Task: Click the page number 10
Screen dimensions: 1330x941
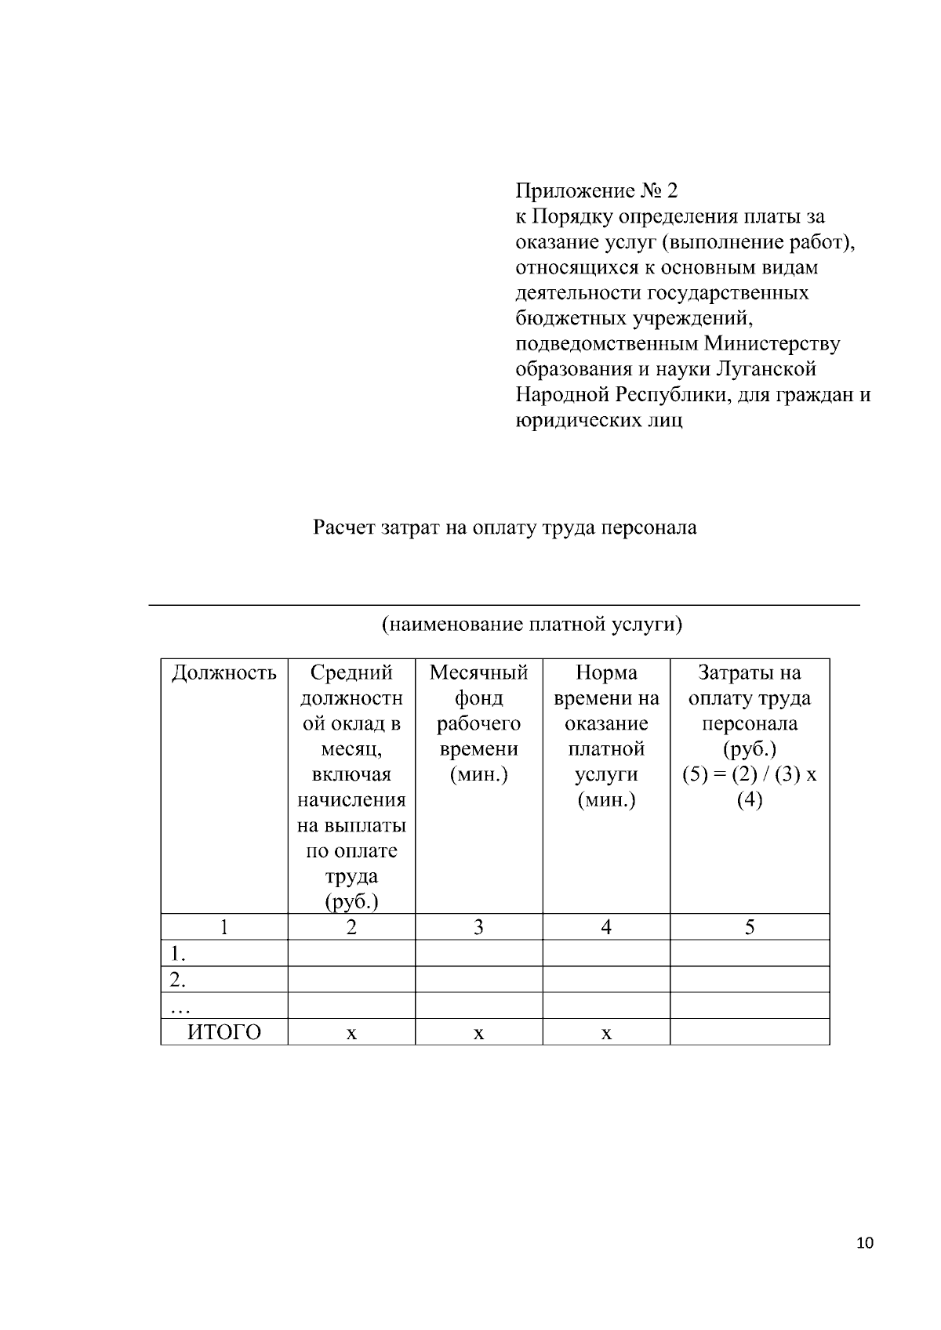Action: click(865, 1243)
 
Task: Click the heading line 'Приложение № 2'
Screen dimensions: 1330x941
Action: click(596, 190)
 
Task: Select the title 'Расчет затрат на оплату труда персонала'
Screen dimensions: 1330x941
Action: click(505, 527)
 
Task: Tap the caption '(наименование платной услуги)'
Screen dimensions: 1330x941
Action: click(532, 625)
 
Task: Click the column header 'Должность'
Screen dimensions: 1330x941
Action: click(224, 672)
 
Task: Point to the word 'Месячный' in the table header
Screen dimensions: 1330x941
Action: click(478, 672)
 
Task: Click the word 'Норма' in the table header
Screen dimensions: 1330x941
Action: click(606, 672)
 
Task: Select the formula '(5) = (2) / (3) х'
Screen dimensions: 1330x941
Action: click(750, 774)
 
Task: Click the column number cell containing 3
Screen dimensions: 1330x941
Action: click(478, 927)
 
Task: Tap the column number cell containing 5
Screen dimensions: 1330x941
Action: click(750, 927)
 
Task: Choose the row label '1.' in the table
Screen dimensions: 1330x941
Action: click(179, 954)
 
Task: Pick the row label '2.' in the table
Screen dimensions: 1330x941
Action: click(179, 980)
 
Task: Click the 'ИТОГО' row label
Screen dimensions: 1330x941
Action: click(224, 1032)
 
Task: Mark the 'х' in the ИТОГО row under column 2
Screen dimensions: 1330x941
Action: click(351, 1034)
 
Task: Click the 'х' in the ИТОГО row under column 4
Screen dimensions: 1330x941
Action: click(606, 1034)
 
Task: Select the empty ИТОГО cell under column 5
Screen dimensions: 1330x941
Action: click(750, 1032)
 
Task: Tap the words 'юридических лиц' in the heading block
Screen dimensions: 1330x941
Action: click(599, 420)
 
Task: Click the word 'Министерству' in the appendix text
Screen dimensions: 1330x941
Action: click(772, 343)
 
